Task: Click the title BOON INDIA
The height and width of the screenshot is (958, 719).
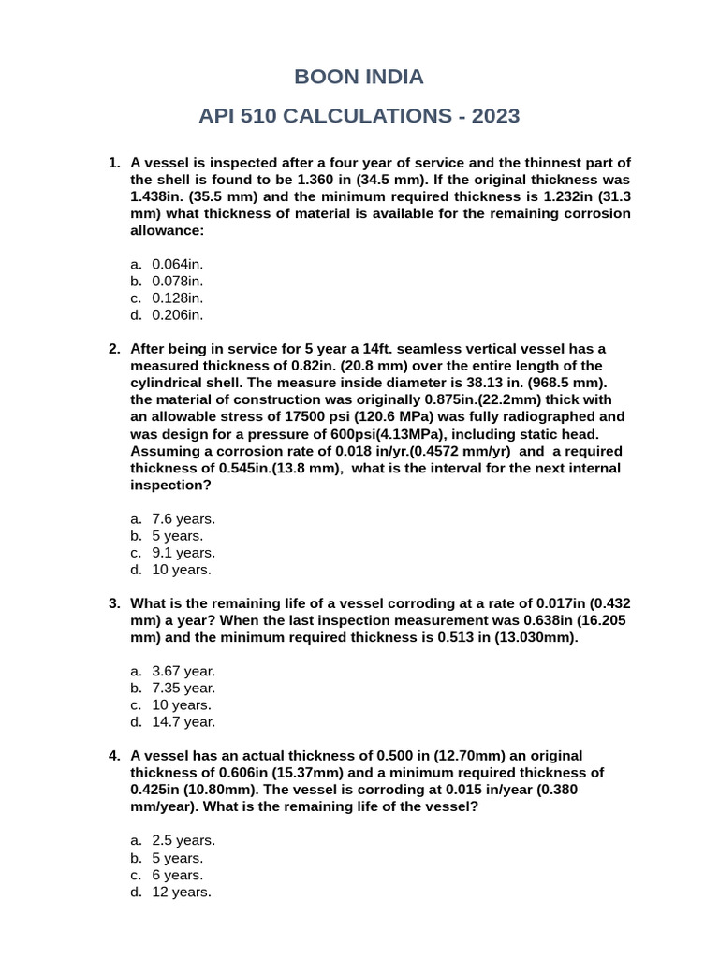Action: [359, 77]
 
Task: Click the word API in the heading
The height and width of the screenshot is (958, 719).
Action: [222, 117]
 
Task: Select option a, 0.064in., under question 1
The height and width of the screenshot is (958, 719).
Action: [177, 264]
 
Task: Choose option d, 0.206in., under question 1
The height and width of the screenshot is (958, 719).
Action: [177, 315]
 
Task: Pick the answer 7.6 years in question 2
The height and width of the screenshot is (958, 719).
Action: [183, 518]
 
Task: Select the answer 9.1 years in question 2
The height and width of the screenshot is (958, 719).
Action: [183, 552]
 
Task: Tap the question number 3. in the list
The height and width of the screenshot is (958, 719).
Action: [114, 603]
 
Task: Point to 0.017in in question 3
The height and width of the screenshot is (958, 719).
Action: [564, 603]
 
